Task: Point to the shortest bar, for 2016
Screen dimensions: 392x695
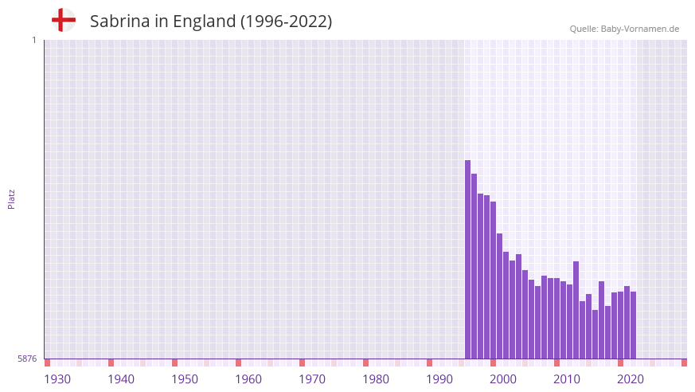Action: click(x=595, y=334)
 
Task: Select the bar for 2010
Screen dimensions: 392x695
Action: click(x=556, y=318)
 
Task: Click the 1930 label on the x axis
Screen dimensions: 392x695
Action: click(x=57, y=379)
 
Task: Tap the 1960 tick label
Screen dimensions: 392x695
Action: click(x=248, y=379)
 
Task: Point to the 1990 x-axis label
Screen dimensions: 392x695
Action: click(x=439, y=379)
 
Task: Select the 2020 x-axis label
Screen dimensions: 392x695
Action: click(x=631, y=379)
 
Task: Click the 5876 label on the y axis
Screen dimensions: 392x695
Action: click(x=27, y=359)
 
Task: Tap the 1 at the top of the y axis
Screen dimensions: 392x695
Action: click(x=33, y=40)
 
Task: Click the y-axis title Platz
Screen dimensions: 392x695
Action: click(x=11, y=199)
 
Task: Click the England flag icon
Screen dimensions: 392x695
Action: click(x=63, y=20)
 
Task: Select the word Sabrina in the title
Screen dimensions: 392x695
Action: click(x=119, y=22)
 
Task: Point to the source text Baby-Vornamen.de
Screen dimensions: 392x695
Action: click(x=640, y=29)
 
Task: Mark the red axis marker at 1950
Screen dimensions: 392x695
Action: click(x=174, y=363)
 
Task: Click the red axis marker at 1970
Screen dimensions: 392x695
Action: click(x=302, y=363)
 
